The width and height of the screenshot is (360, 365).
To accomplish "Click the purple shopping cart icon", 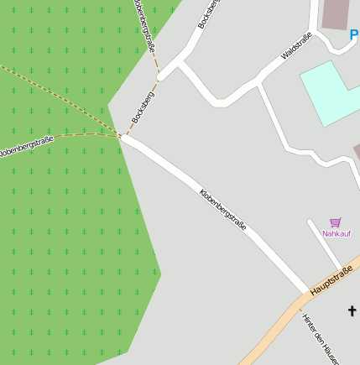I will tap(336, 222).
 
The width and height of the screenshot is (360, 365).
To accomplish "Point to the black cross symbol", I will tap(352, 311).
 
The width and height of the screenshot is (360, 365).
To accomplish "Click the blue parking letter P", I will tap(353, 35).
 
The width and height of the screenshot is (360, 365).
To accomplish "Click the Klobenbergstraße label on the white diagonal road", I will tap(222, 211).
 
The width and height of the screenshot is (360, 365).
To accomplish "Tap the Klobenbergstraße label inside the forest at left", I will tap(25, 148).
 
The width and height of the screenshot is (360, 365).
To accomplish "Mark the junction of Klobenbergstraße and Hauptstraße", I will tap(307, 295).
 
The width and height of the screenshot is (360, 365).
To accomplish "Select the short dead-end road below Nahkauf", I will tap(324, 244).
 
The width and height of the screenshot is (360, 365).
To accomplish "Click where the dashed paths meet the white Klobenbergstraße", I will tap(123, 137).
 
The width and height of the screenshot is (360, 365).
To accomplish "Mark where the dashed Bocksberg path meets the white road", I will tap(159, 76).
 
